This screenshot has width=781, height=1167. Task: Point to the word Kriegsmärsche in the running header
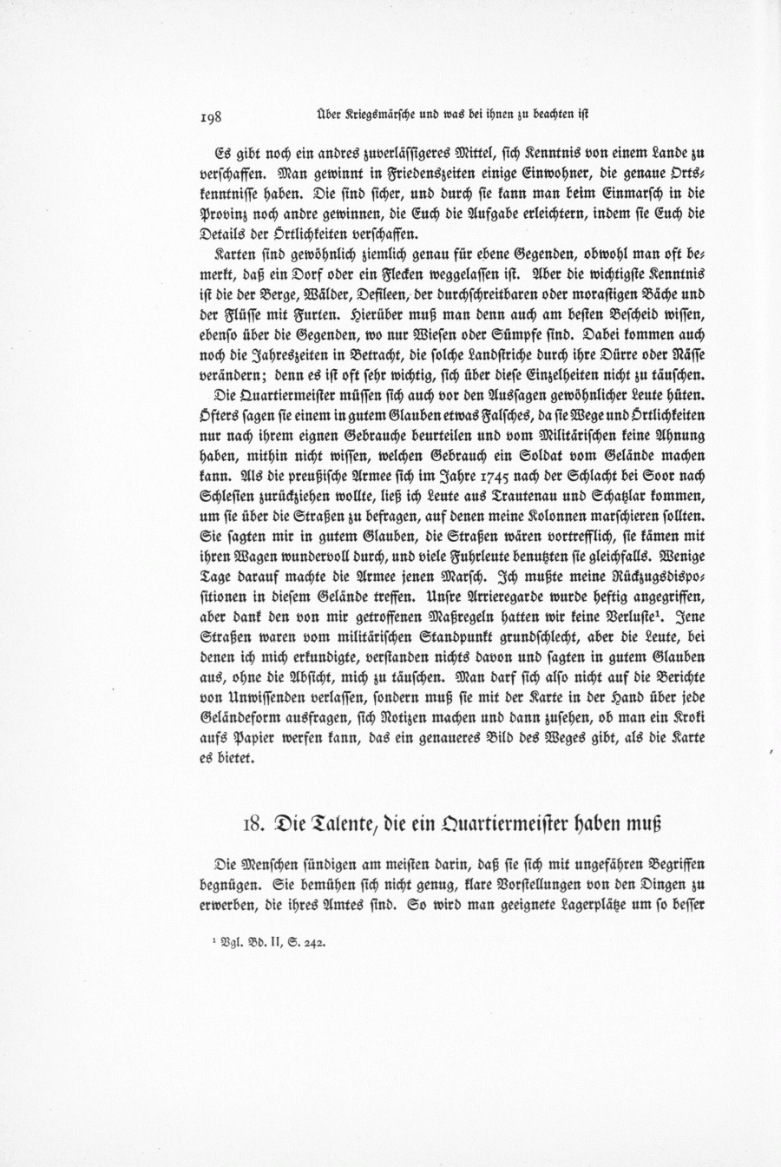(x=378, y=115)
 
